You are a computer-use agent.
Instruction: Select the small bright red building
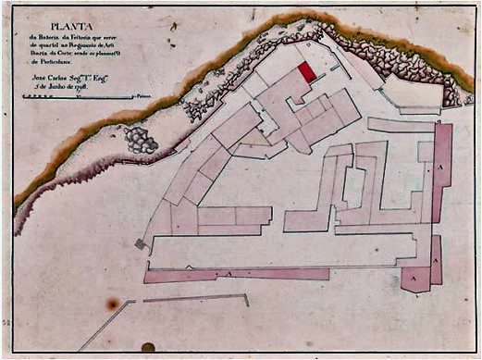[x=306, y=72]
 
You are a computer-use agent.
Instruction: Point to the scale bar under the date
[x=80, y=95]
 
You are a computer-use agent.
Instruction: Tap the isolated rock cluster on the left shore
[x=141, y=140]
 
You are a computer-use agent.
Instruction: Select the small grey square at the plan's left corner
[x=140, y=243]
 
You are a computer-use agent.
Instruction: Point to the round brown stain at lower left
[x=113, y=304]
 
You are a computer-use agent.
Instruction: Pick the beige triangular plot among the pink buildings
[x=256, y=138]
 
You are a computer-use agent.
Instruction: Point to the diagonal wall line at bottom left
[x=106, y=325]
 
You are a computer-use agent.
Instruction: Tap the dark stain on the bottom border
[x=148, y=348]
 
